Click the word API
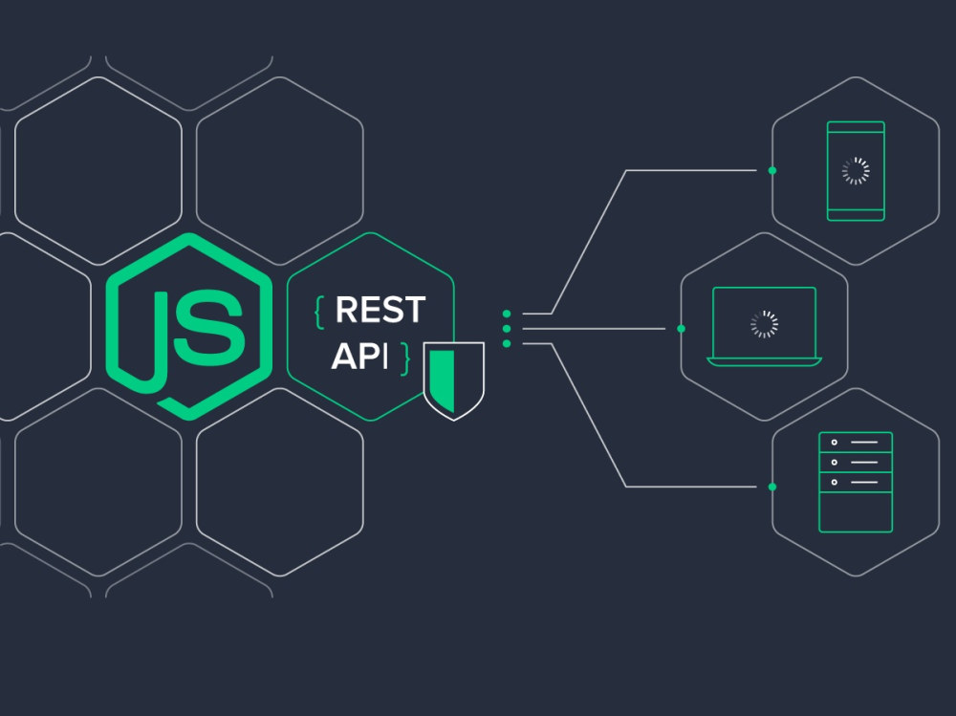coord(359,357)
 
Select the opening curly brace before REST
coord(319,312)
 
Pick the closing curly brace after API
coord(404,358)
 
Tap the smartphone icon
coord(856,171)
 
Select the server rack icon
coord(856,482)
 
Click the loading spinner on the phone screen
coord(856,171)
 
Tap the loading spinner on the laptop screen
coord(764,324)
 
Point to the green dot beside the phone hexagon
coord(772,171)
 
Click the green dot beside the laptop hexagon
coord(681,329)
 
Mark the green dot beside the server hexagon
coord(772,487)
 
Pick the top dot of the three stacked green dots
coord(507,315)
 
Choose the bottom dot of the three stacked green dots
coord(507,344)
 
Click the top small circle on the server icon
coord(834,443)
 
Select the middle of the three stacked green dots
coord(507,329)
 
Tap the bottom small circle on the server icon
coord(834,482)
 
